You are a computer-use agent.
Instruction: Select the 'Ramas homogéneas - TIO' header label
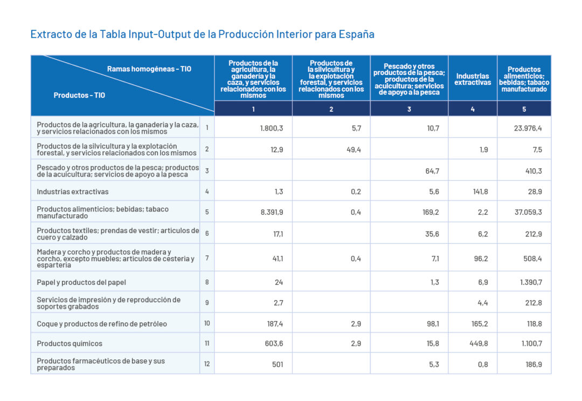point(149,69)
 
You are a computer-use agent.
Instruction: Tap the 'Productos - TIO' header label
point(79,96)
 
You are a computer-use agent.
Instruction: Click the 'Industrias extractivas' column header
point(472,79)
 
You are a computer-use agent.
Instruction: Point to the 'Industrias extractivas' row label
point(73,192)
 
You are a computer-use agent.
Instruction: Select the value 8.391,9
point(272,212)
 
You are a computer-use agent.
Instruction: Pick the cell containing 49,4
point(353,149)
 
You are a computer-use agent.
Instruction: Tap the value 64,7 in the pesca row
point(432,171)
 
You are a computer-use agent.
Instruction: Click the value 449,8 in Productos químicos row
point(479,343)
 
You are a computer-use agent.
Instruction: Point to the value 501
point(278,364)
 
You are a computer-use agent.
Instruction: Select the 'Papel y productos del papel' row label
point(81,282)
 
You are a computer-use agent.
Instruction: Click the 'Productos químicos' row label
point(70,343)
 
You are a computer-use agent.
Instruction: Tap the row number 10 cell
point(207,324)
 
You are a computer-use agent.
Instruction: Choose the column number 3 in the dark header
point(409,109)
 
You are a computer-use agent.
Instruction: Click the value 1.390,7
point(531,282)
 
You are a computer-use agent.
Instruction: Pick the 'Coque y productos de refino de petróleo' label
point(102,324)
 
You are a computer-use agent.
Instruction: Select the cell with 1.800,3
point(272,128)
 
